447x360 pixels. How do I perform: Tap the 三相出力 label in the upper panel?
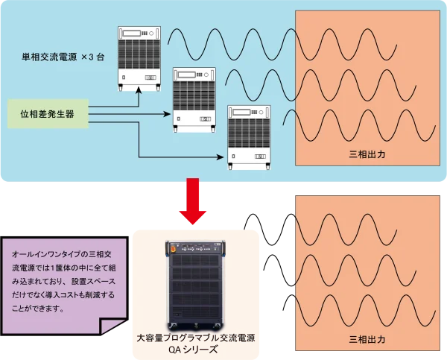367,155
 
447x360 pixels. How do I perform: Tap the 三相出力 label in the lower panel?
367,340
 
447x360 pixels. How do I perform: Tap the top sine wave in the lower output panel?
350,226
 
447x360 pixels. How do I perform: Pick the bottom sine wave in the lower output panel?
350,307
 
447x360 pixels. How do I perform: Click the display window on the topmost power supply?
135,33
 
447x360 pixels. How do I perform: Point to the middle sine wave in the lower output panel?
350,267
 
